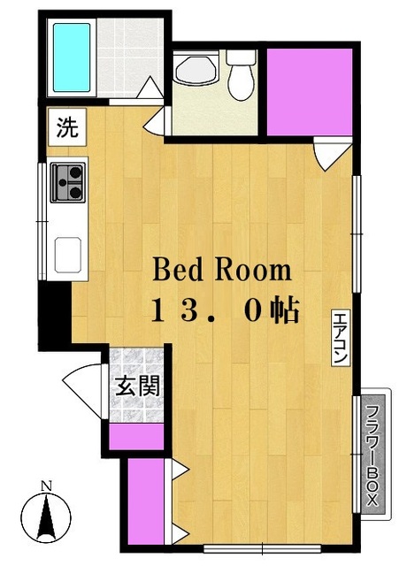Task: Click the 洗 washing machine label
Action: [67, 127]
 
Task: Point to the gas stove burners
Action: [69, 182]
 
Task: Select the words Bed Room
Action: [222, 269]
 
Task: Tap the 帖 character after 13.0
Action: [285, 310]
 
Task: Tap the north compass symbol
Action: [50, 517]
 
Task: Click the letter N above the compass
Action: [50, 485]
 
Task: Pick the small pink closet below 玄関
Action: [137, 436]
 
